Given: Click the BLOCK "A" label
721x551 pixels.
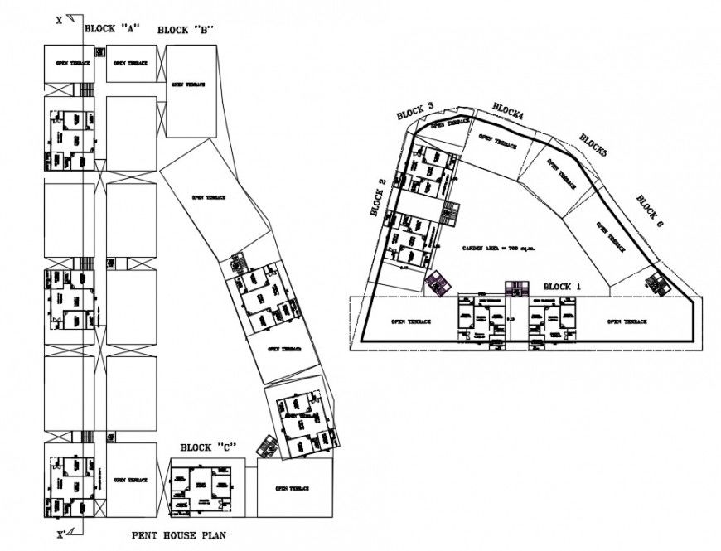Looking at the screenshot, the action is [x=111, y=27].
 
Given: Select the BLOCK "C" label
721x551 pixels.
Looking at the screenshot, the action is [x=208, y=447].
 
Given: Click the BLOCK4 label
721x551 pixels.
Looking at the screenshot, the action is [x=508, y=110].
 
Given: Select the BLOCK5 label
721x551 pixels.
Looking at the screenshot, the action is [x=593, y=145].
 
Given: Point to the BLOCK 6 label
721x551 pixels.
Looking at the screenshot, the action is [x=651, y=210].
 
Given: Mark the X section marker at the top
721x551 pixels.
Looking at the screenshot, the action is [x=59, y=21].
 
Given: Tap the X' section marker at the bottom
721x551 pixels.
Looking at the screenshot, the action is [x=60, y=535].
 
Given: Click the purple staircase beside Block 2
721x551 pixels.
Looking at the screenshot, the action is [x=437, y=283].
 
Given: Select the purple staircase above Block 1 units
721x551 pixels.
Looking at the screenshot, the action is [x=516, y=288].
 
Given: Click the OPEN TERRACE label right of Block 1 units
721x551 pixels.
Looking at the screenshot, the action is [x=627, y=321].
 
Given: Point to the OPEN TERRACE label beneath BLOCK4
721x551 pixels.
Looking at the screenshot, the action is [x=496, y=143].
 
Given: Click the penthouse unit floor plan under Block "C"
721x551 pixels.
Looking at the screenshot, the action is [x=201, y=487].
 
